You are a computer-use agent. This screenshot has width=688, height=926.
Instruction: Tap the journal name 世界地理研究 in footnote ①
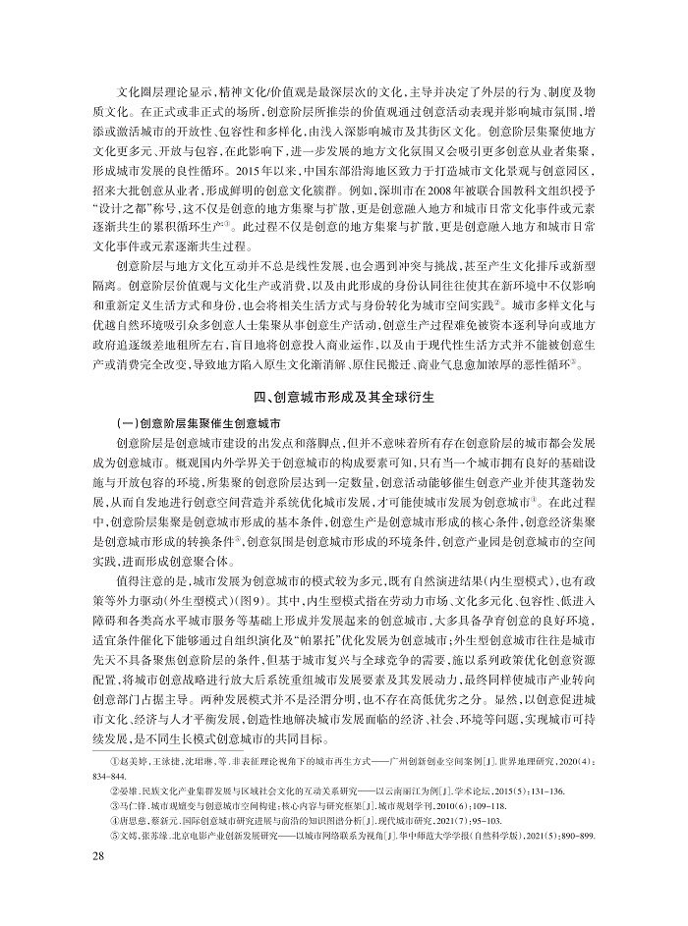(524, 760)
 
